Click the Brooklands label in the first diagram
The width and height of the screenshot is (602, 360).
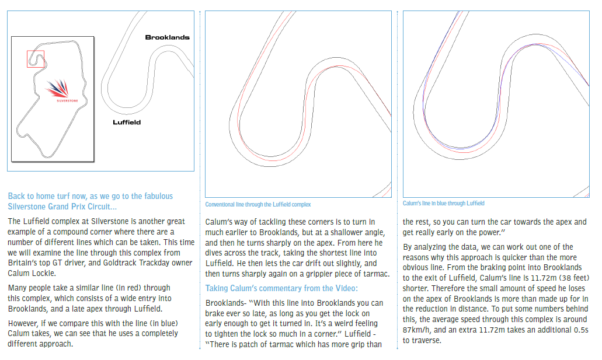coord(167,37)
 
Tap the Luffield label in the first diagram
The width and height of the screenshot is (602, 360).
coord(127,123)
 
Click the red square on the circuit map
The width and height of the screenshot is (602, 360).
coord(35,59)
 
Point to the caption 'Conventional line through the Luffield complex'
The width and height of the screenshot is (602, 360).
coord(258,205)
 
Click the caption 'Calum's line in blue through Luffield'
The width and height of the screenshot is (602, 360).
coord(444,204)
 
